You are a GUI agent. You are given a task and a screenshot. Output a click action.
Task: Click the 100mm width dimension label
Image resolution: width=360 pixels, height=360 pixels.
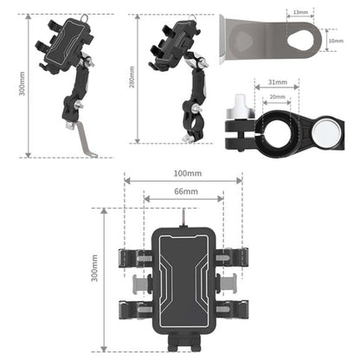(188, 173)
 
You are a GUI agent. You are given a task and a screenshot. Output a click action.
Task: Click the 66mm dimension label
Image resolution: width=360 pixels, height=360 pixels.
(186, 191)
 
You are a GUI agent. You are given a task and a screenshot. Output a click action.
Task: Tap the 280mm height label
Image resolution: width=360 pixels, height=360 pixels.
(132, 77)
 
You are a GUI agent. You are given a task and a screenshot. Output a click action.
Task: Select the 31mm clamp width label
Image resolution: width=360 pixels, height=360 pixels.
(278, 82)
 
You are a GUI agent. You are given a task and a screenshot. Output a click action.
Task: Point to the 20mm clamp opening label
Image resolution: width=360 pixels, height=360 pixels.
(277, 97)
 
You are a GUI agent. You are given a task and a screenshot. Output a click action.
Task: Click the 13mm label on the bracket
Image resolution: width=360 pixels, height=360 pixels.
(300, 12)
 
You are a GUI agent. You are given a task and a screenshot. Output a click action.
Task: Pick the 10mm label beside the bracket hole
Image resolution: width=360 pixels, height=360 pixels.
(336, 41)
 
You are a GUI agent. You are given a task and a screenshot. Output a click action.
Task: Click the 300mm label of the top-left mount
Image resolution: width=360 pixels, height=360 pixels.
(22, 84)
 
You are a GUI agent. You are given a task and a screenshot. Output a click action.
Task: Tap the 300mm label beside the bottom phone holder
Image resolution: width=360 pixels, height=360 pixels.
(94, 268)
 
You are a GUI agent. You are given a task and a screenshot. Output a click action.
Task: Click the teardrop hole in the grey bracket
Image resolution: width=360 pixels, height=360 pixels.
(300, 41)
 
